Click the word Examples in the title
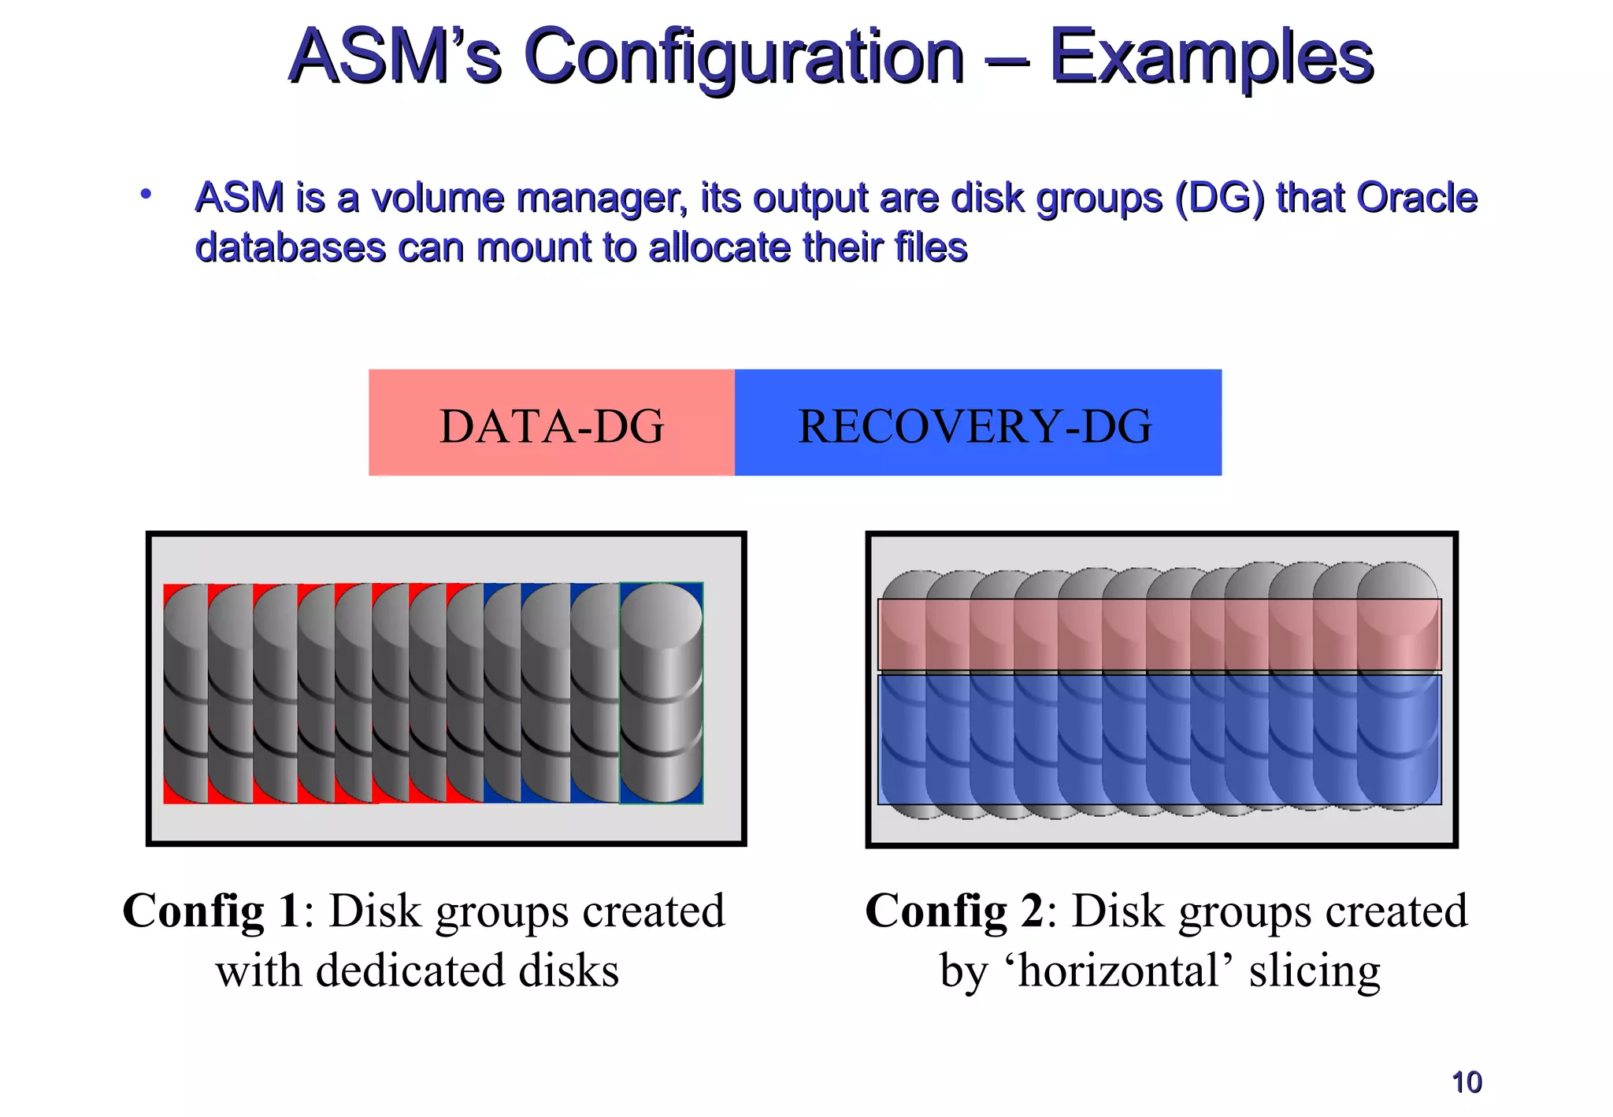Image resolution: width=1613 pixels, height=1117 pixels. (x=1211, y=57)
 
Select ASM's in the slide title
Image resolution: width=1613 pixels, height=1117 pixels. (x=395, y=57)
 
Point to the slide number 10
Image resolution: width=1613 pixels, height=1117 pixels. (x=1467, y=1082)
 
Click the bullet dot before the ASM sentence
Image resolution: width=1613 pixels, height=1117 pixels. (x=146, y=194)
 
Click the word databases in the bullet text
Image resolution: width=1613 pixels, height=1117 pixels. (x=290, y=247)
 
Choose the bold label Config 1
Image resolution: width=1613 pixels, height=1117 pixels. (x=210, y=911)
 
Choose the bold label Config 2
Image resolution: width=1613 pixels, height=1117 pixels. (x=954, y=911)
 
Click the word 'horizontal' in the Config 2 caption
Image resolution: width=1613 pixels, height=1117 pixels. (x=1118, y=970)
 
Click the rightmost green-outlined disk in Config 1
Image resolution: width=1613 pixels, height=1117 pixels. (x=662, y=693)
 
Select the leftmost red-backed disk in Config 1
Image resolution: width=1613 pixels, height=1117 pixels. (x=184, y=693)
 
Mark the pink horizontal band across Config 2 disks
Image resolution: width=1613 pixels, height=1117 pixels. (x=1159, y=635)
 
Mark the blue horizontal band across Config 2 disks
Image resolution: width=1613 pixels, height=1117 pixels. (x=1159, y=739)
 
